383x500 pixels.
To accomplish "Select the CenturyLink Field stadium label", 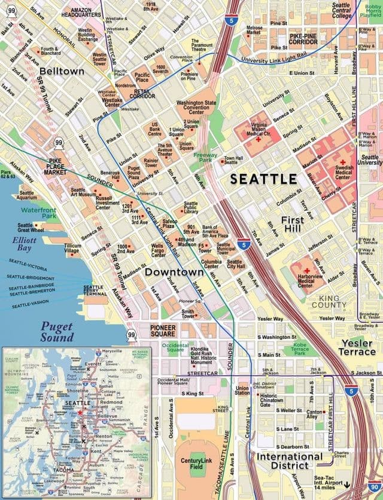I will (x=197, y=464).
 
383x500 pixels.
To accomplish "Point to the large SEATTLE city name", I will (x=263, y=179).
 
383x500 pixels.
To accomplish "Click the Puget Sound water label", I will (x=57, y=332).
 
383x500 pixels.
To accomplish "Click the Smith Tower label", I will (x=189, y=314).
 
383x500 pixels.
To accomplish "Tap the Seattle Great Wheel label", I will (x=31, y=228).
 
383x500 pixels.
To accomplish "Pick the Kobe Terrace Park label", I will (x=299, y=348).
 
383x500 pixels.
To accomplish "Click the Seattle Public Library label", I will (x=191, y=207).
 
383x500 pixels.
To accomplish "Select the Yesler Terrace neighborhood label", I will (x=358, y=348).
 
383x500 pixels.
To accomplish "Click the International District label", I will (x=290, y=461).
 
